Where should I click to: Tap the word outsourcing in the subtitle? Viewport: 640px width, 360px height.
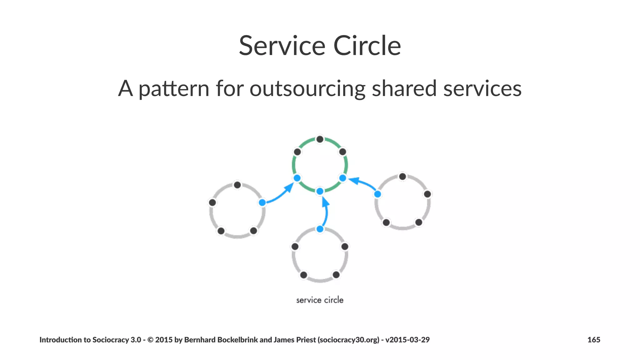[x=307, y=88]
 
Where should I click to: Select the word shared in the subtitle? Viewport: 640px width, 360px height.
[x=404, y=88]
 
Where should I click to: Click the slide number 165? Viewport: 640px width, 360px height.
[x=593, y=340]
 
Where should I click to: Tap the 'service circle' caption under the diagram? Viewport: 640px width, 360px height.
[x=320, y=300]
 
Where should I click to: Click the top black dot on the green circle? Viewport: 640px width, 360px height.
[x=320, y=139]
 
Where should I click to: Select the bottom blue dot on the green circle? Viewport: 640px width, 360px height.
[x=320, y=191]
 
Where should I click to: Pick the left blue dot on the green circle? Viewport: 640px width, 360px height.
[x=297, y=178]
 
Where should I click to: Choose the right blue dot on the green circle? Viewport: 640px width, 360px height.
[x=342, y=178]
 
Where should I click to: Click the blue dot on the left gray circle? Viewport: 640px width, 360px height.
[x=262, y=202]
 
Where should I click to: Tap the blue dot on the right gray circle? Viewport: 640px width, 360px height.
[x=377, y=194]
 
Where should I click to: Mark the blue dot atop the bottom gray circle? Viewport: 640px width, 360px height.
[x=320, y=229]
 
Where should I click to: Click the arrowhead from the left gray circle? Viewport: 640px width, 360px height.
[x=289, y=188]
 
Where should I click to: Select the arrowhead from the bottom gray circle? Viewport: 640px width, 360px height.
[x=325, y=202]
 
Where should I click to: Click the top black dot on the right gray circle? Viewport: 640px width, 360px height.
[x=402, y=177]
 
